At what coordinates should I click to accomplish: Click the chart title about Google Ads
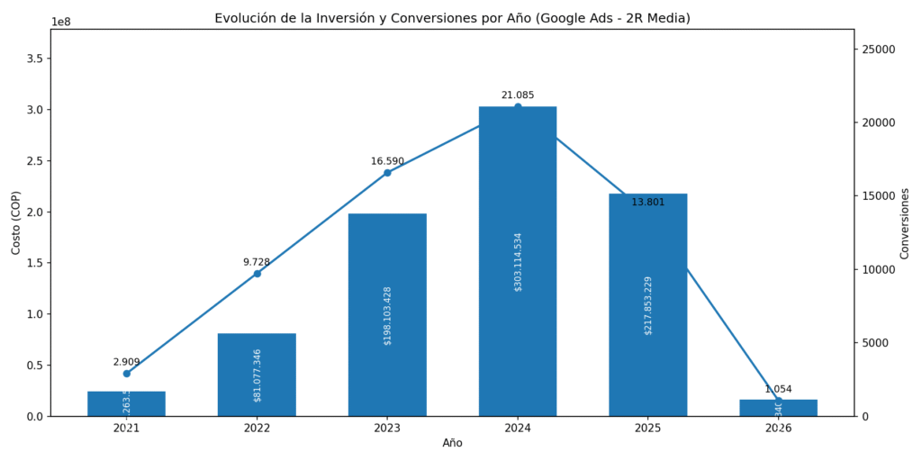tap(452, 18)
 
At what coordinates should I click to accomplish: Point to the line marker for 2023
tap(387, 173)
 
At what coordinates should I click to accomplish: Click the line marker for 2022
tap(257, 274)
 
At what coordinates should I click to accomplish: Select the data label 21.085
tap(517, 95)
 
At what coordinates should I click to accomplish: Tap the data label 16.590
tap(387, 161)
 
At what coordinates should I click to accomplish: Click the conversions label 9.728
tap(257, 262)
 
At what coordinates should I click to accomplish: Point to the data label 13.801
tap(647, 203)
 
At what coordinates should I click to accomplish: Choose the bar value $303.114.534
tap(518, 262)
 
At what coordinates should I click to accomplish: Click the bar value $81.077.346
tap(258, 375)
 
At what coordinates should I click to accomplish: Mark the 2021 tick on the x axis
tap(126, 429)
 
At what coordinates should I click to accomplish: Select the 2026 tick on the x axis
tap(778, 429)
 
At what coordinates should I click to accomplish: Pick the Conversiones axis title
tap(905, 222)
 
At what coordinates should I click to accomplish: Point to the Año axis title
tap(452, 444)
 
